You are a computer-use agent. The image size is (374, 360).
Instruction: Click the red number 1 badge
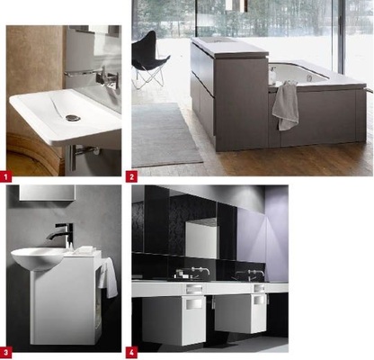[x=5, y=176]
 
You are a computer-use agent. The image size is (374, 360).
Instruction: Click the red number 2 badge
[x=131, y=176]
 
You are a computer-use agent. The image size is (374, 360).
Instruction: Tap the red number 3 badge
[x=5, y=353]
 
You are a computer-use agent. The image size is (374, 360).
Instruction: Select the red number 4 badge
[x=131, y=353]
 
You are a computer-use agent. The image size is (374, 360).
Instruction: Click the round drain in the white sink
[x=73, y=118]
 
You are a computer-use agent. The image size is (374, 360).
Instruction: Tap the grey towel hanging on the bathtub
[x=286, y=105]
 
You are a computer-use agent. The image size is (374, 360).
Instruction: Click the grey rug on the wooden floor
[x=165, y=134]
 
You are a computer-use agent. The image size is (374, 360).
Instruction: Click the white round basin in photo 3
[x=38, y=258]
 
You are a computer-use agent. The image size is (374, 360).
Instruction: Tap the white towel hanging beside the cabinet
[x=109, y=277]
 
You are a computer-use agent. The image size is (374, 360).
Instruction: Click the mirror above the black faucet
[x=47, y=193]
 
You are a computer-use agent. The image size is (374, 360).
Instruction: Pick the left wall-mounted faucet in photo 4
[x=200, y=271]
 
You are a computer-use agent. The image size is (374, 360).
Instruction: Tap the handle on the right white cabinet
[x=259, y=300]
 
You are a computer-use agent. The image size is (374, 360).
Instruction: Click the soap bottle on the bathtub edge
[x=272, y=74]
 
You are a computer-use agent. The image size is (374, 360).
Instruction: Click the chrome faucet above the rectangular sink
[x=105, y=77]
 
